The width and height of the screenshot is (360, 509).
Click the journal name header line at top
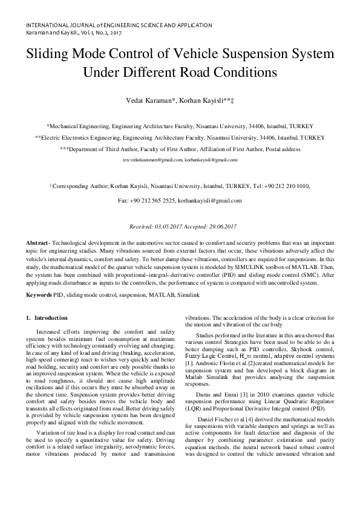(x=119, y=25)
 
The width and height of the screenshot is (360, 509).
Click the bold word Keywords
(x=39, y=294)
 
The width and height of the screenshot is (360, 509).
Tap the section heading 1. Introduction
(x=47, y=318)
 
